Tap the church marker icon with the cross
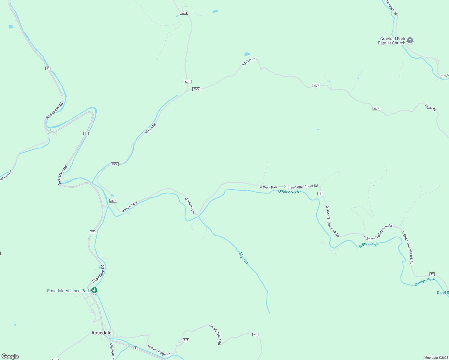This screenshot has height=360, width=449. pos(410,40)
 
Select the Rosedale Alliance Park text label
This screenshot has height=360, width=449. pos(68,291)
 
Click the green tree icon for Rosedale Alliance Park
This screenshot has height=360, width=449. pos(94,290)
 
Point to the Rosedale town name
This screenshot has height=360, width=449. pos(101,333)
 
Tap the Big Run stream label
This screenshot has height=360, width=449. pos(243,258)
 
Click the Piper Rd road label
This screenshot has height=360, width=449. pos(431,108)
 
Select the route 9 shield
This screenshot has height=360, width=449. pos(135,348)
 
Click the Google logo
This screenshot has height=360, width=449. pos(10,356)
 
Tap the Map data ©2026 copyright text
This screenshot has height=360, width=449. pos(436,358)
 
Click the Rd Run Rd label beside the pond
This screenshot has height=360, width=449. pos(249,62)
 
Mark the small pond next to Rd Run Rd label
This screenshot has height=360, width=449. pos(247,54)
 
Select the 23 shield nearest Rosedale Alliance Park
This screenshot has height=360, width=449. pos(92,232)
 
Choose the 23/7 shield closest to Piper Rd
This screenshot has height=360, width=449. pos(376,109)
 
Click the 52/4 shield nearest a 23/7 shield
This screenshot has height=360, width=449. pos(187,82)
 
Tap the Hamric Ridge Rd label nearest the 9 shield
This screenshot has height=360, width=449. pos(159,350)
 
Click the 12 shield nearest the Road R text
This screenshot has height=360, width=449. pos(432,274)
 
